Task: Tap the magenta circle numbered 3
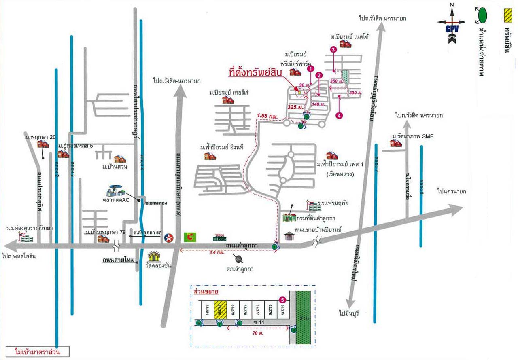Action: (333, 50)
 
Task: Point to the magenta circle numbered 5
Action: (283, 300)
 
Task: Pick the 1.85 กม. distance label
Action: (267, 116)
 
